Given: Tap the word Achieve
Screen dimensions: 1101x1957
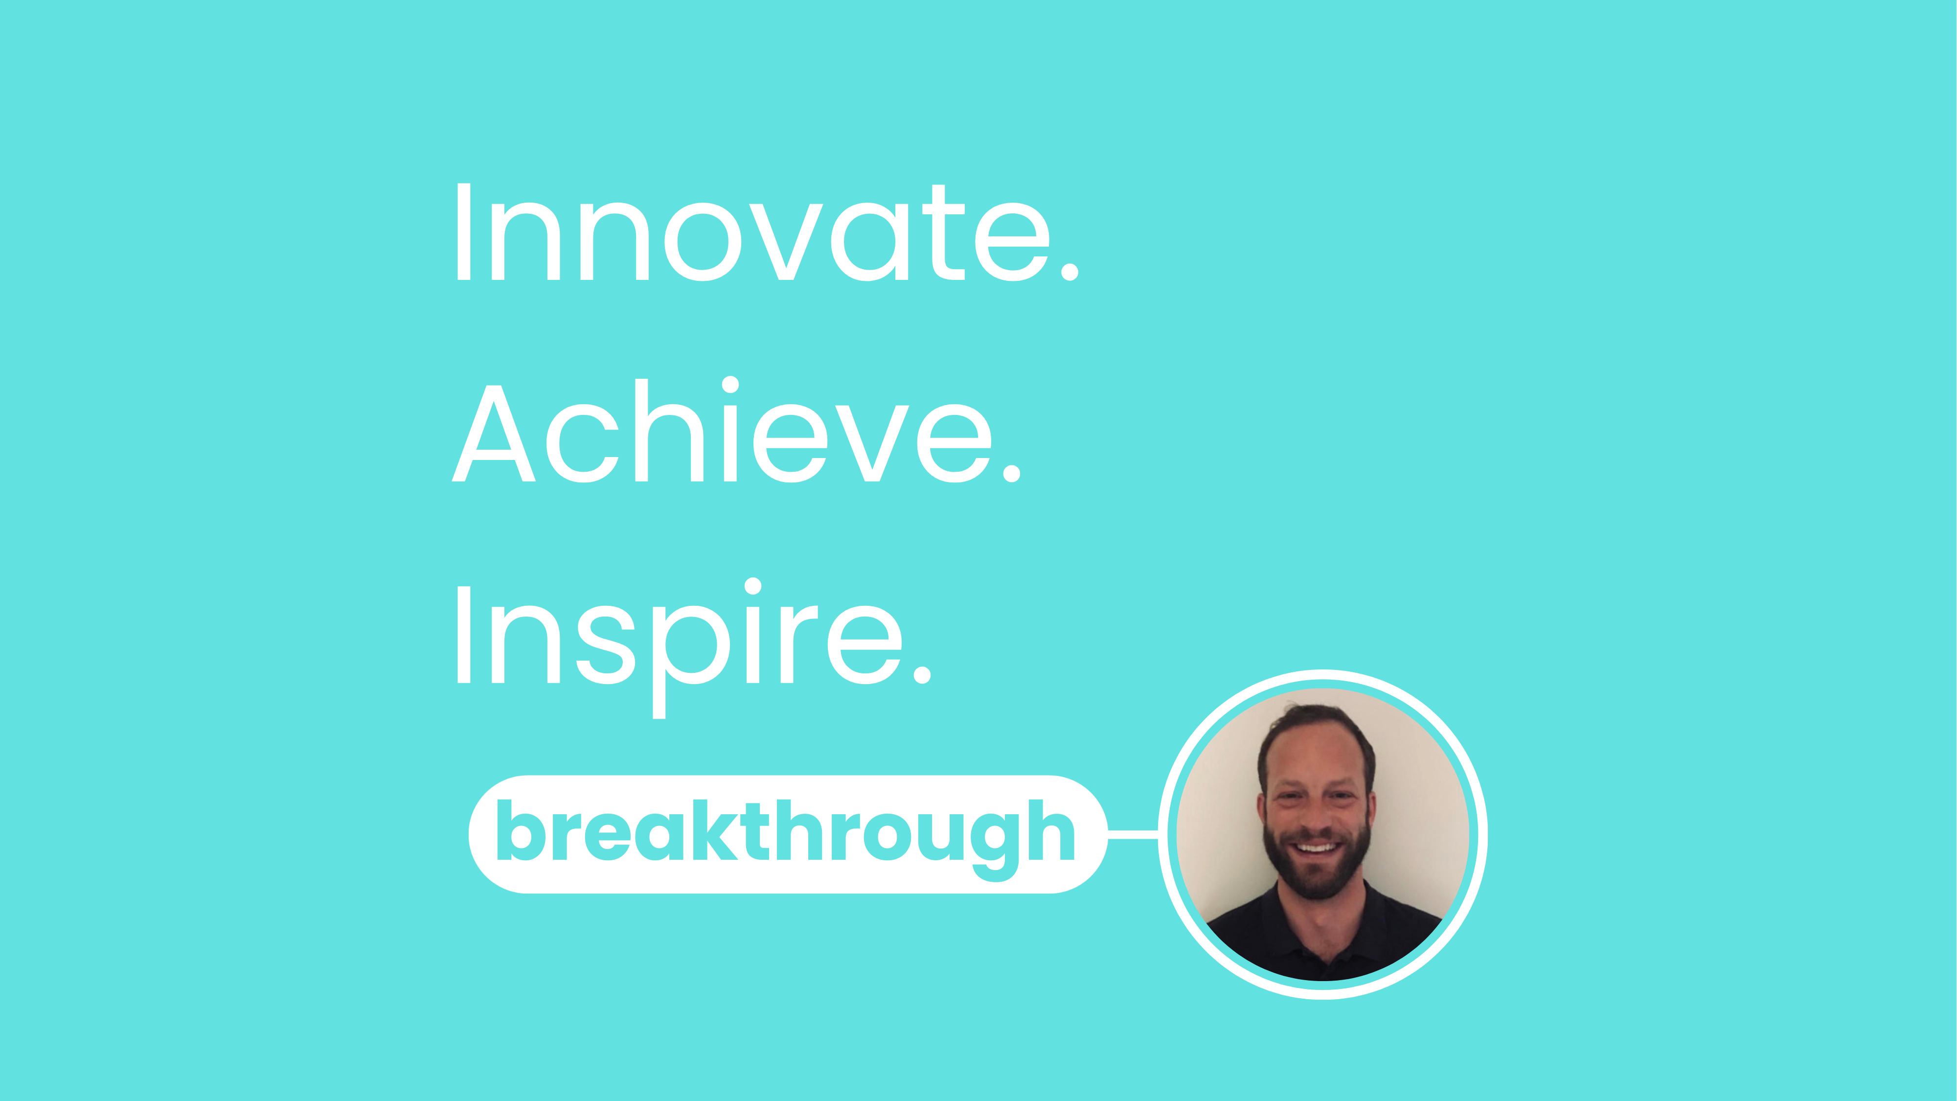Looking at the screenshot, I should point(722,433).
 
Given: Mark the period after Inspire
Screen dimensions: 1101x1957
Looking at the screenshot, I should point(922,675).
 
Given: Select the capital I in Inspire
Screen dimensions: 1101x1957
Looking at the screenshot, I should point(463,635).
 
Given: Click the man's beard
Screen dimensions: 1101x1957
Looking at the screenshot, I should point(1318,874).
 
